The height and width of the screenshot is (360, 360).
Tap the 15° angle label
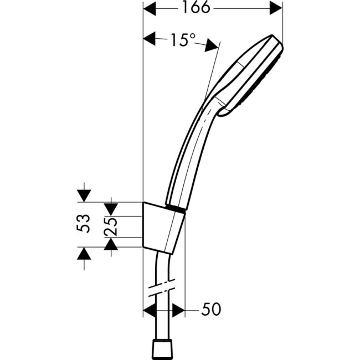(182, 40)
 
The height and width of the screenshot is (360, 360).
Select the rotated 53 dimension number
(83, 225)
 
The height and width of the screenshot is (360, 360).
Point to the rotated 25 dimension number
(111, 226)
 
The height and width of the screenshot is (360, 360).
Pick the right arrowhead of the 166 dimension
(275, 8)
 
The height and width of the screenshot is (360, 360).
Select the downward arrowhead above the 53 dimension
(83, 195)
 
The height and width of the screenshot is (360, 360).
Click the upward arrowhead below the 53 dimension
(83, 254)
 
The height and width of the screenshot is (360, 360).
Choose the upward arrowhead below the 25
(111, 244)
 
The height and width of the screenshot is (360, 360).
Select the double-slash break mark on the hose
(162, 289)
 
